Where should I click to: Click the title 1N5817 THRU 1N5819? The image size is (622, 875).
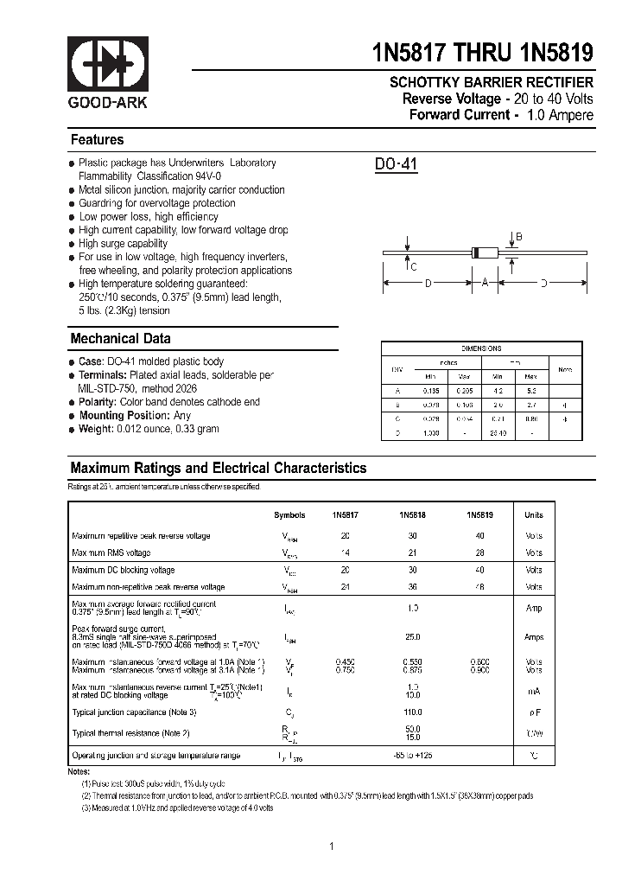(x=483, y=53)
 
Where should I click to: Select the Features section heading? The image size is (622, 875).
(x=97, y=140)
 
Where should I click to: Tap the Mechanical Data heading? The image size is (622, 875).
(x=120, y=339)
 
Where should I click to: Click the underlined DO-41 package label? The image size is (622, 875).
(x=396, y=164)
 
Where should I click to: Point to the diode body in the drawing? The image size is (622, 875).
(x=486, y=253)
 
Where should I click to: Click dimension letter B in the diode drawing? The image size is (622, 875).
(x=518, y=236)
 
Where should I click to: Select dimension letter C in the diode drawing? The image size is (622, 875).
(x=414, y=266)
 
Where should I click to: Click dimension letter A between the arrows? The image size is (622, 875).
(x=485, y=283)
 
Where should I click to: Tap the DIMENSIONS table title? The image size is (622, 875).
(x=481, y=348)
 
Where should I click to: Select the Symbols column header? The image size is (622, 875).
(x=289, y=514)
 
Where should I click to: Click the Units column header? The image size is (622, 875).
(x=534, y=514)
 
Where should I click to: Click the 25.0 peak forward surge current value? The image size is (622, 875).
(x=413, y=637)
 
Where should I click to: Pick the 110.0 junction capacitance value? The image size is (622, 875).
(x=413, y=712)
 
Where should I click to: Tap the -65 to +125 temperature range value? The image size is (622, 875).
(x=413, y=756)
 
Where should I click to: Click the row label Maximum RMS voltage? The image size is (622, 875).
(x=111, y=552)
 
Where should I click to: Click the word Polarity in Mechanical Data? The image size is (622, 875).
(x=97, y=402)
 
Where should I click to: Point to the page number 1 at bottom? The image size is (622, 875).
(x=331, y=846)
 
